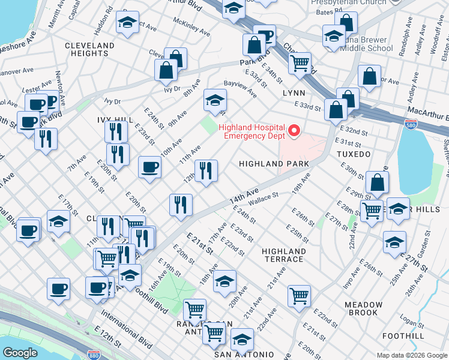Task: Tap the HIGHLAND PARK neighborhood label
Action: (x=274, y=163)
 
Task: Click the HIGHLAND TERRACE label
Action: (x=284, y=255)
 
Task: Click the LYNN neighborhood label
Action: (x=294, y=93)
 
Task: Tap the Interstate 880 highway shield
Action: (x=93, y=355)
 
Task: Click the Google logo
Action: (x=20, y=353)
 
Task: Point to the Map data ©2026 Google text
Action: (x=412, y=355)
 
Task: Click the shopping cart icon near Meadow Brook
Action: (x=299, y=295)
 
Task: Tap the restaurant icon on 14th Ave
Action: (x=181, y=205)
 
